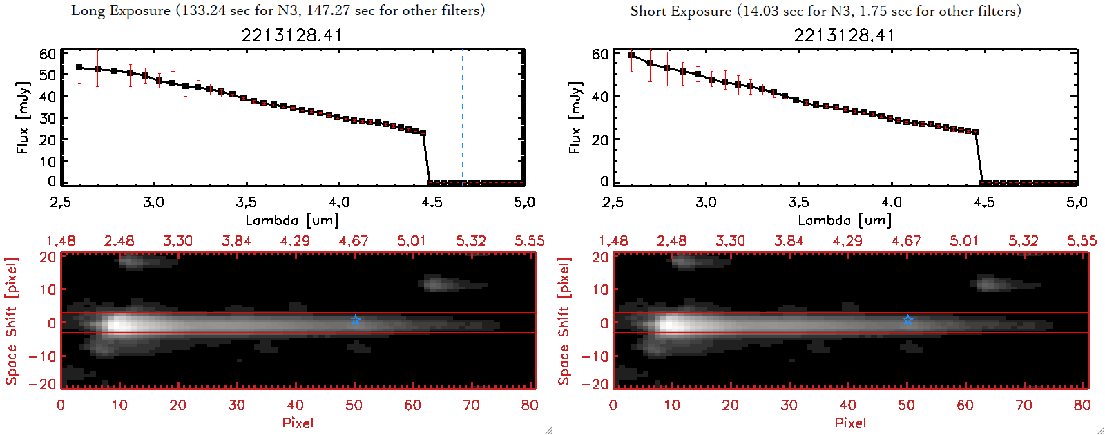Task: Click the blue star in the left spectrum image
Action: [x=355, y=320]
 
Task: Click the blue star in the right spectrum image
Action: [x=907, y=320]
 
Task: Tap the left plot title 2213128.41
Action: [x=291, y=35]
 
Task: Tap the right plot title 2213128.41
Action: [x=844, y=35]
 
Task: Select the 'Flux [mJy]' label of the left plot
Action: [x=23, y=117]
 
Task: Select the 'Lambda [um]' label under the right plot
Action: [x=845, y=220]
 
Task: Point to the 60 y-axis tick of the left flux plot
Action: [x=48, y=55]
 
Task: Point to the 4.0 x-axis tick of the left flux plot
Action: [x=338, y=202]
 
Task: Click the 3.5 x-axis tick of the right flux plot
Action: [x=798, y=202]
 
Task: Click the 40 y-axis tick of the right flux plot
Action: [x=600, y=97]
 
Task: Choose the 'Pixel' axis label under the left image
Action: [x=298, y=423]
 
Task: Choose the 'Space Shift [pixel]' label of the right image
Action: [x=564, y=321]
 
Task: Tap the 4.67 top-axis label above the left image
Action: [x=354, y=241]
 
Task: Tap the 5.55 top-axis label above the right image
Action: [x=1082, y=241]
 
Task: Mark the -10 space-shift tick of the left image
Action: [x=42, y=356]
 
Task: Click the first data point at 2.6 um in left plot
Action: [x=79, y=68]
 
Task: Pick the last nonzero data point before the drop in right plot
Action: [x=975, y=132]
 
